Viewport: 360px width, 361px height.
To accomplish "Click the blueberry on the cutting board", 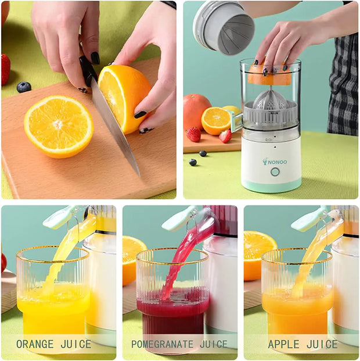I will point(24,87).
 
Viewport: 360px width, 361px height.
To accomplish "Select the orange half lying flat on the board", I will point(58,126).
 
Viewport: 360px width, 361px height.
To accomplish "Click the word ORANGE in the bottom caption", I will point(35,344).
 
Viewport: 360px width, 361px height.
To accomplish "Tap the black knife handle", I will point(88,69).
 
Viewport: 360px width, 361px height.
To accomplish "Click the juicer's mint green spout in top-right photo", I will point(237,122).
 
